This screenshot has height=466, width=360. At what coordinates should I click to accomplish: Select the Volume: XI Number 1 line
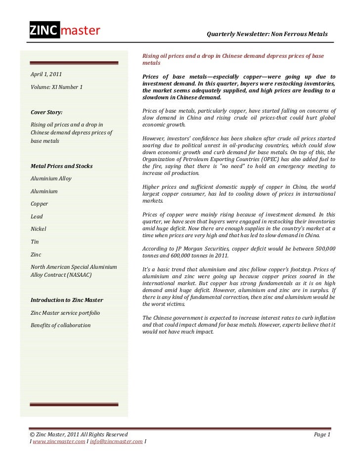click(x=56, y=87)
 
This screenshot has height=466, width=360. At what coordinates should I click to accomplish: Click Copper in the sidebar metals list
click(x=40, y=204)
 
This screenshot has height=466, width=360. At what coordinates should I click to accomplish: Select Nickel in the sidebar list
click(x=39, y=229)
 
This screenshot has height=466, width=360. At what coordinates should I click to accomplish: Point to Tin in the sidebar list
click(x=35, y=242)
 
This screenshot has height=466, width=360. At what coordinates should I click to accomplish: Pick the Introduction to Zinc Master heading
click(x=70, y=300)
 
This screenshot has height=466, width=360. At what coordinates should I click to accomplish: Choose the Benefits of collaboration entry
click(x=61, y=325)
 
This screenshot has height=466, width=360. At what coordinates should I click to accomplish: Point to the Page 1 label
click(x=322, y=434)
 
